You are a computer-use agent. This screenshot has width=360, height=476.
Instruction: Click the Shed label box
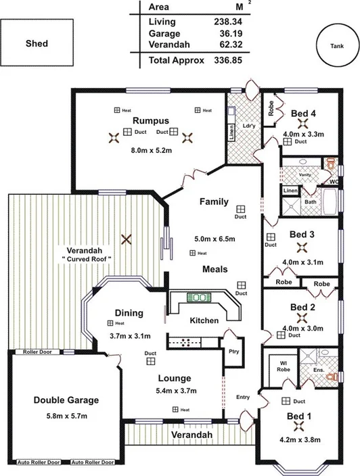click(37, 44)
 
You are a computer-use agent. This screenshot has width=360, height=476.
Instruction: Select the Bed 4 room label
click(303, 112)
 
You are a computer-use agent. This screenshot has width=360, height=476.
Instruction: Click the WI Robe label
click(283, 367)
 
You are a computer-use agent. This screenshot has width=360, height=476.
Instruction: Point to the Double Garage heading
click(66, 400)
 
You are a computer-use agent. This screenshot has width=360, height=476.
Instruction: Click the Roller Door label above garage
click(37, 352)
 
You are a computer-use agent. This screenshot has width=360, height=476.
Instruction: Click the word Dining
click(129, 313)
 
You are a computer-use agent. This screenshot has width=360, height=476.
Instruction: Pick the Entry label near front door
click(243, 398)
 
